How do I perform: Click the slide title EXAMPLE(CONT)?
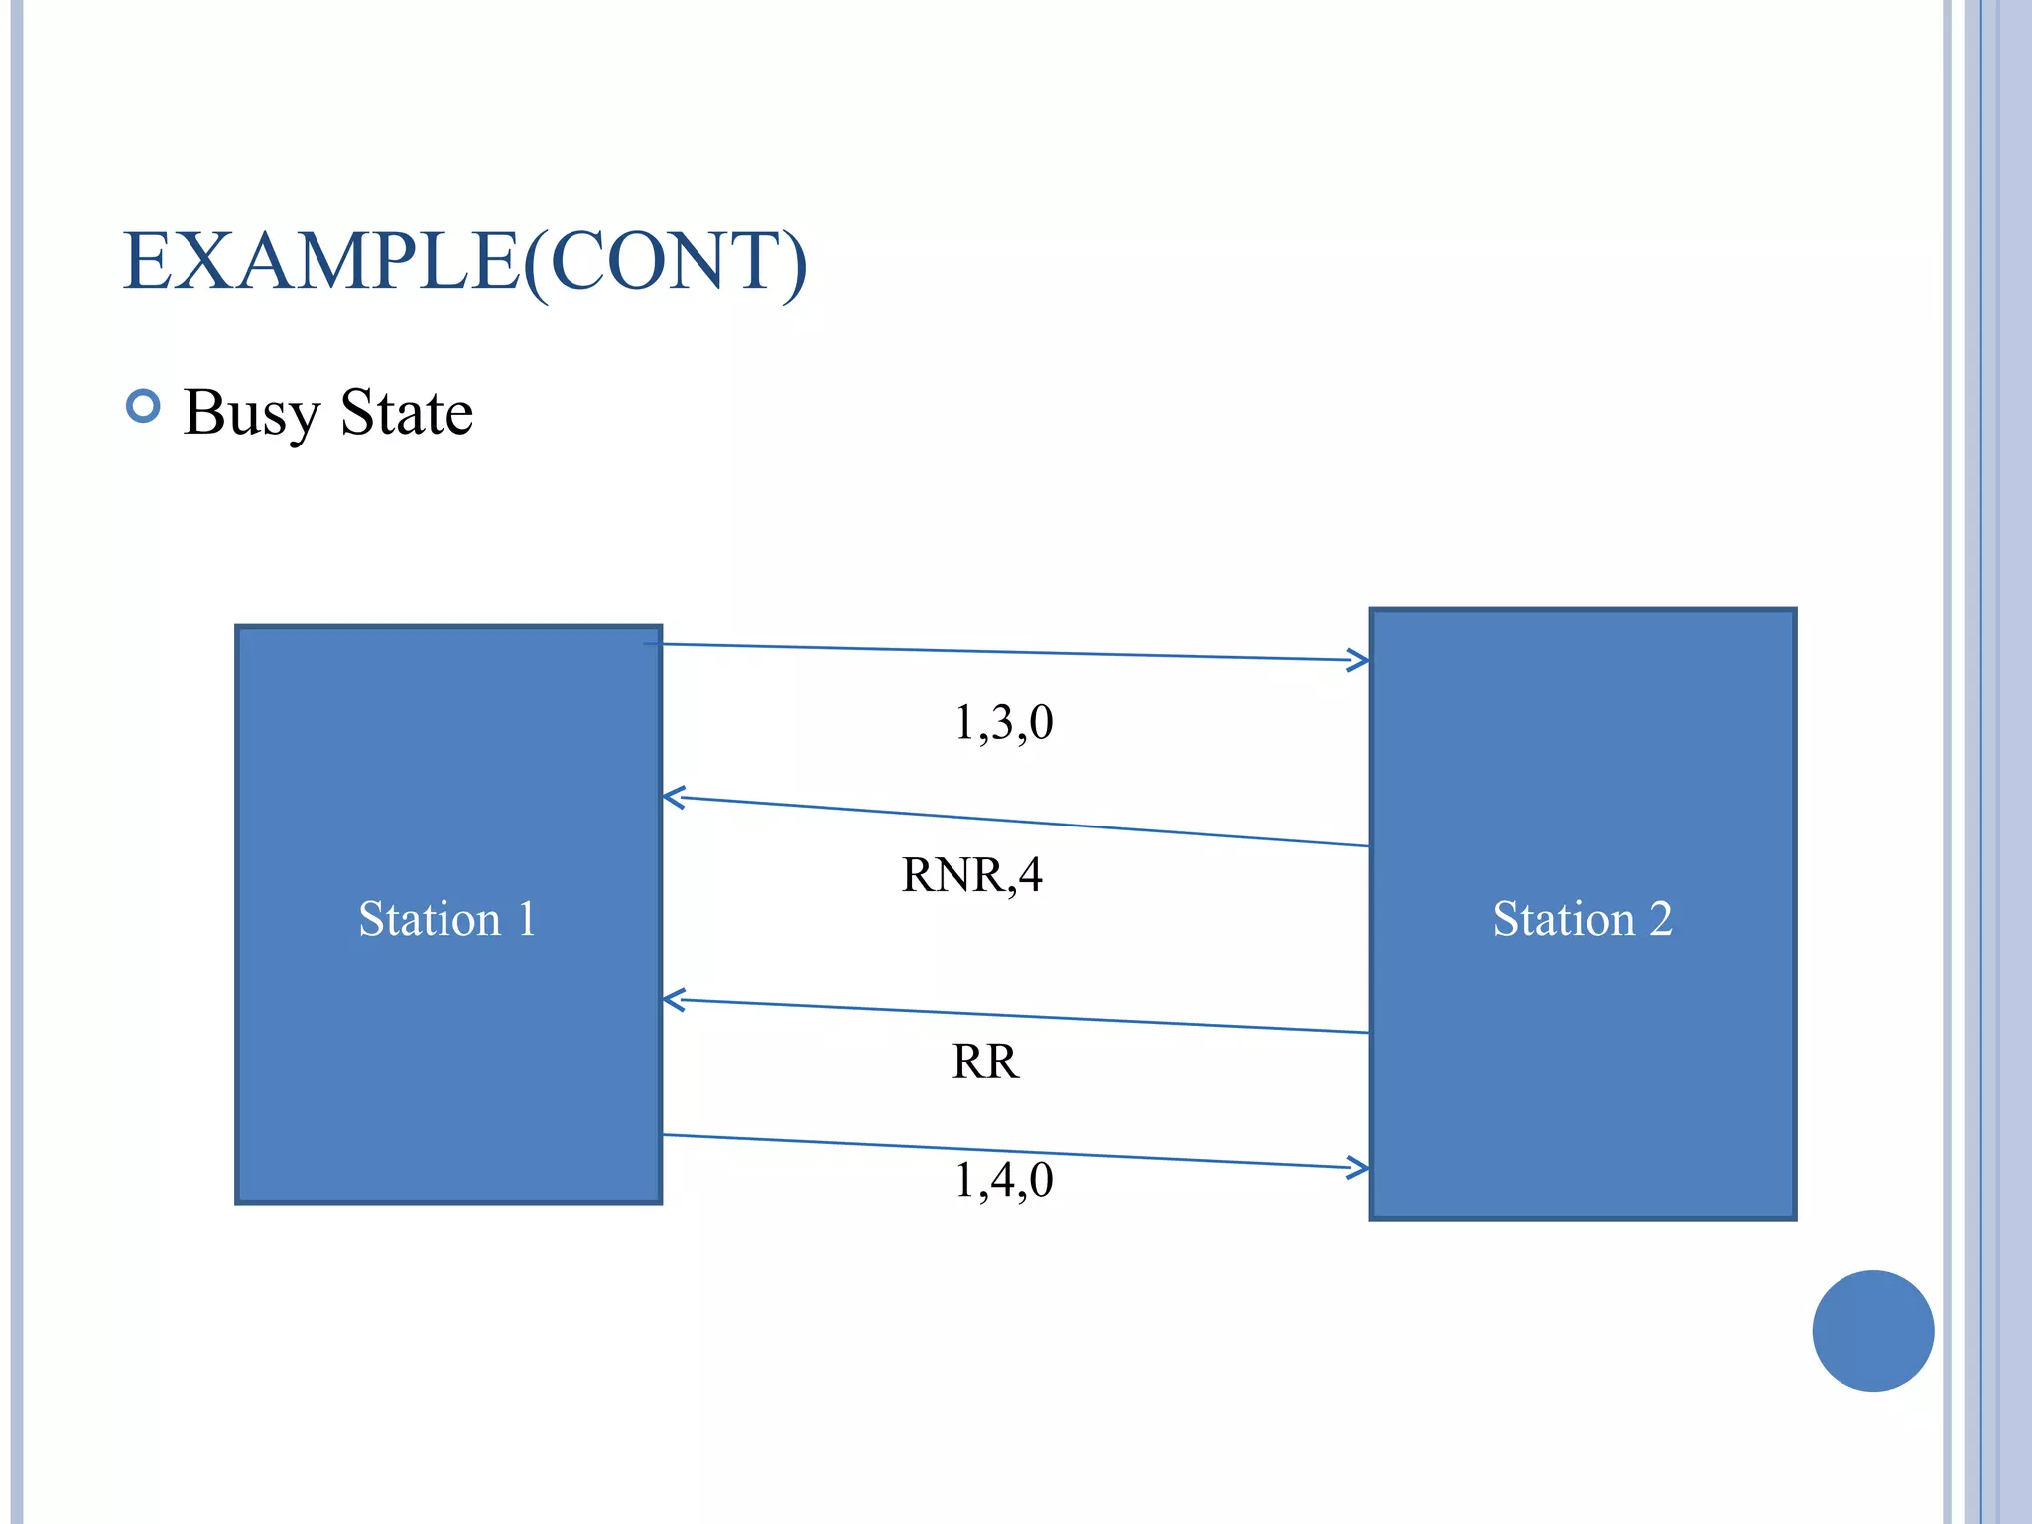(464, 261)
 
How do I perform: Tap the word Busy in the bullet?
(251, 412)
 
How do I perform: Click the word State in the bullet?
(406, 412)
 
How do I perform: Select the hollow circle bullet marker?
(144, 406)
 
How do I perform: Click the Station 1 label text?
(446, 918)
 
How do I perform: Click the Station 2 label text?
(1582, 918)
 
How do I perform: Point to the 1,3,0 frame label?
(1003, 722)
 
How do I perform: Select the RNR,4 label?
(971, 875)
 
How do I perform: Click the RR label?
(985, 1061)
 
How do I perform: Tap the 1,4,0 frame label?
(1003, 1180)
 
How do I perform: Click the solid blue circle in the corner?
(1872, 1331)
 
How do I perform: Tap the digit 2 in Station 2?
(1660, 918)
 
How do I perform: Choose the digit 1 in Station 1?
(527, 918)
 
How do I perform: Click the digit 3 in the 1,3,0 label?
(1003, 722)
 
